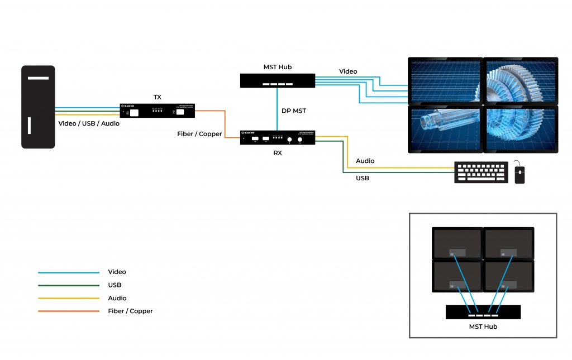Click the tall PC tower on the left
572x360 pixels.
click(x=38, y=107)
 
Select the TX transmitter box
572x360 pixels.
click(x=158, y=110)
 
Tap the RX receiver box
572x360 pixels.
click(x=278, y=137)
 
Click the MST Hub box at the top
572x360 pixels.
click(x=278, y=80)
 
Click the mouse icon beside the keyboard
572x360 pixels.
click(x=519, y=174)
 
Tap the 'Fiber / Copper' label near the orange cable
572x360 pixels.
click(x=199, y=134)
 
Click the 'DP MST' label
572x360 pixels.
click(x=294, y=111)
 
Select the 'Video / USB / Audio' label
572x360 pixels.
click(x=89, y=123)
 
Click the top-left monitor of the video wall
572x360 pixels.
click(x=445, y=80)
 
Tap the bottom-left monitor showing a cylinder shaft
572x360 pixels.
click(x=445, y=128)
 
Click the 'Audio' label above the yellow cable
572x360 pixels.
click(x=365, y=161)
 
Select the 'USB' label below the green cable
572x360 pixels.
click(x=363, y=178)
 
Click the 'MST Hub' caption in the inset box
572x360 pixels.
click(x=483, y=327)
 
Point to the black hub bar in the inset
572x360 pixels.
click(x=483, y=312)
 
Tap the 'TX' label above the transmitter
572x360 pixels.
click(x=158, y=97)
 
